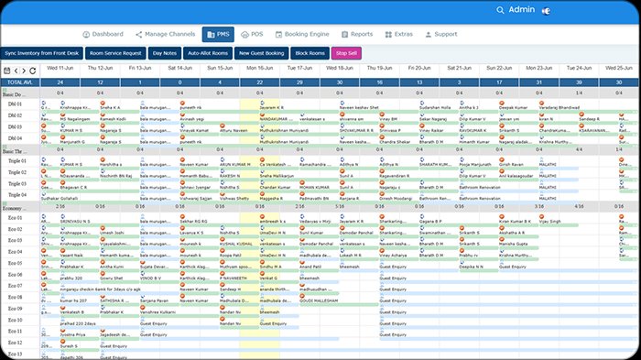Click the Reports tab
357,34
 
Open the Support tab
441,34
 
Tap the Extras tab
397,34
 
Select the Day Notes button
166,53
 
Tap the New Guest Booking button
262,53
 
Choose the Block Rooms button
310,53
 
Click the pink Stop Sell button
347,53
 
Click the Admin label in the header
521,9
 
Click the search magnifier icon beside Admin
500,9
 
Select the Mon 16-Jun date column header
261,69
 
